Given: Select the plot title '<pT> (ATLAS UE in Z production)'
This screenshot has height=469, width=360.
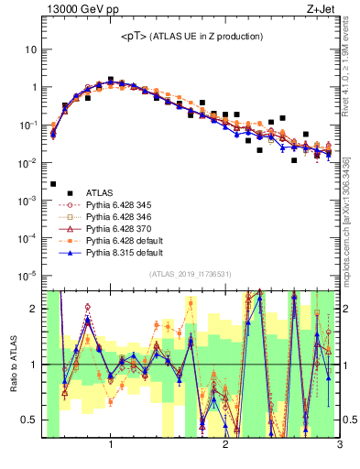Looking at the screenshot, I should [191, 37].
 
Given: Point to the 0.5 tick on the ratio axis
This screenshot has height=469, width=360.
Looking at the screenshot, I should [29, 420].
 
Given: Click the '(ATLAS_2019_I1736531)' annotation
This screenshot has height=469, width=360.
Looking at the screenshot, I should [191, 274].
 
